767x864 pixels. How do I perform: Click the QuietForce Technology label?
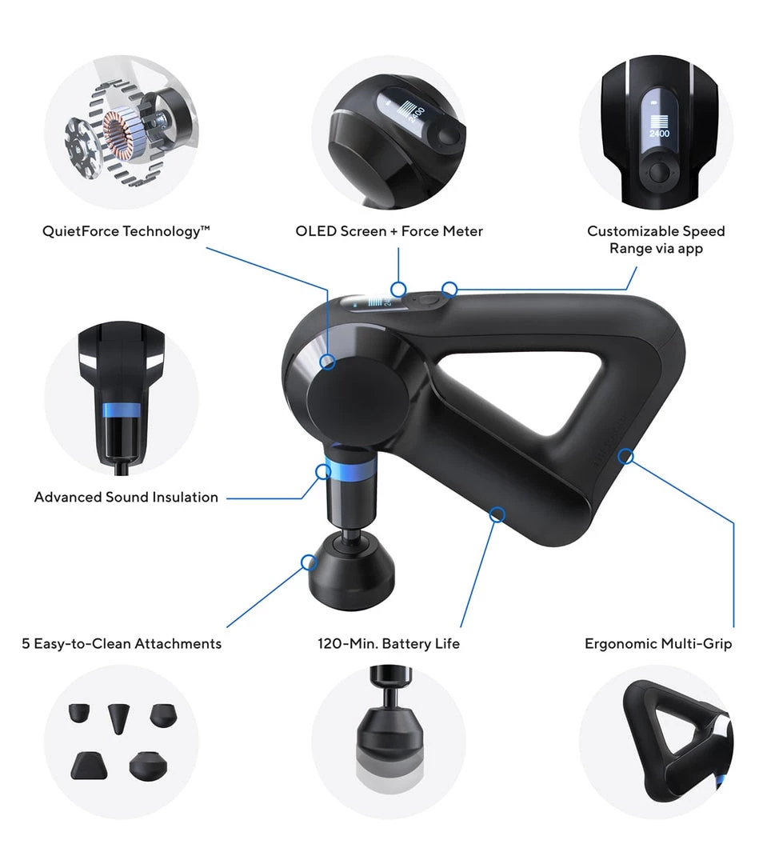126,231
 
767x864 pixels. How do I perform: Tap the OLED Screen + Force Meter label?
389,231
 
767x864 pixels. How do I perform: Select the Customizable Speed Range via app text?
655,239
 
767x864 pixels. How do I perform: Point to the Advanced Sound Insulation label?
126,497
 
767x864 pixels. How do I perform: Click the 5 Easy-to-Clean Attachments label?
122,643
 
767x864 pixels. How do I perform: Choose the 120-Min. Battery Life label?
389,643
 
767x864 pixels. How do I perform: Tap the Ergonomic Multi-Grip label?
657,643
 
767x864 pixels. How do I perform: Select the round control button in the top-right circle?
659,171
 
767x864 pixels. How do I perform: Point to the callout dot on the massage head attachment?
309,562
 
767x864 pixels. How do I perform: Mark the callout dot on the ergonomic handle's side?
626,457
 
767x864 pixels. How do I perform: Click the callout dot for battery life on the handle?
497,514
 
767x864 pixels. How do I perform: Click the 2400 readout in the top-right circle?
659,134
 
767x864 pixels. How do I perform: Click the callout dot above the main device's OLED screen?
398,288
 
